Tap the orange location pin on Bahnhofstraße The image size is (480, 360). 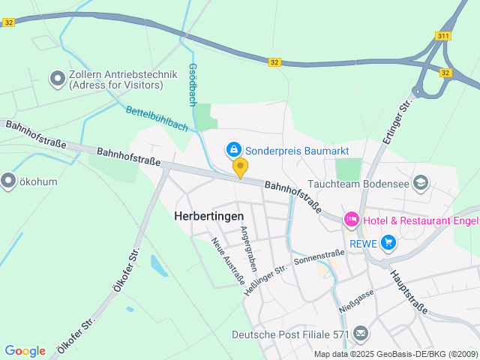click(x=240, y=167)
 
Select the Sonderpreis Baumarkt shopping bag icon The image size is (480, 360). click(x=234, y=150)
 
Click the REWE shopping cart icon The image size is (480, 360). click(x=388, y=241)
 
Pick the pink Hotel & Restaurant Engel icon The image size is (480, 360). click(x=350, y=220)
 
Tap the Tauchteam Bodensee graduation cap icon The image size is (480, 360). click(x=421, y=182)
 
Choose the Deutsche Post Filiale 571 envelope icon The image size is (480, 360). click(x=361, y=333)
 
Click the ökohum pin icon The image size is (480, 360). click(x=8, y=180)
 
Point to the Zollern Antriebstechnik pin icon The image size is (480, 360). click(x=57, y=77)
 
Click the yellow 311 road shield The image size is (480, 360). click(x=442, y=36)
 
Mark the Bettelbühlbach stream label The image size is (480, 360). click(x=156, y=119)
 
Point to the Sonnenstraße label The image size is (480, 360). click(x=319, y=258)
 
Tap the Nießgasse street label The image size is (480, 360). click(x=356, y=304)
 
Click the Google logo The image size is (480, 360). click(x=25, y=350)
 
